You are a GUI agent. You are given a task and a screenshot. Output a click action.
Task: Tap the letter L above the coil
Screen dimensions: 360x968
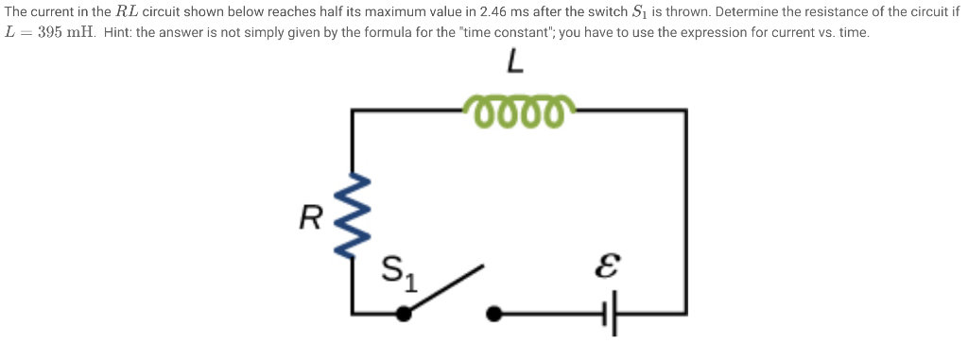(x=513, y=63)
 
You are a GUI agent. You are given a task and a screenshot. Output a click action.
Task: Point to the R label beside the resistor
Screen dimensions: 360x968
(x=309, y=218)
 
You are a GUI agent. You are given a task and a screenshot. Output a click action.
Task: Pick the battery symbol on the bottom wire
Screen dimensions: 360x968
(x=612, y=313)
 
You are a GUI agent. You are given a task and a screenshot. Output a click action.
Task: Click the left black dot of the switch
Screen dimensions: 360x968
(x=403, y=313)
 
